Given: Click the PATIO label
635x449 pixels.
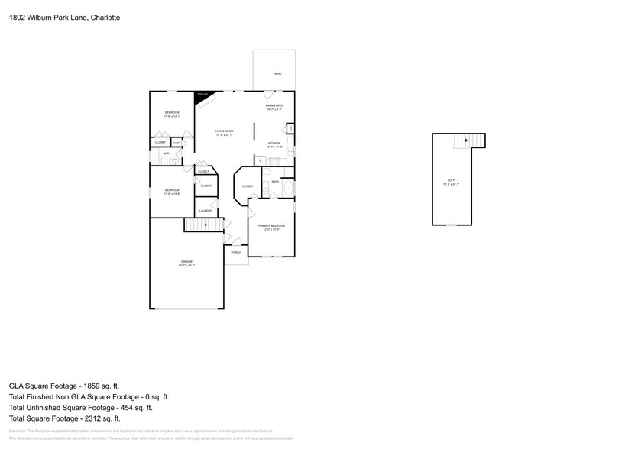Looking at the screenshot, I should (x=277, y=74).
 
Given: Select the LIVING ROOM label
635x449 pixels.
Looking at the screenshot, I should (x=224, y=131).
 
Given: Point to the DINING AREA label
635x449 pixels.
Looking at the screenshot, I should (x=274, y=105).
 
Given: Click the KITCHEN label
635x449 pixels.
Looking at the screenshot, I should (x=274, y=143).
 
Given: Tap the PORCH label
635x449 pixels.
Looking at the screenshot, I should (x=236, y=252).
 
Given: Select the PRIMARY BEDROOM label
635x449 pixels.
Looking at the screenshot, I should (x=271, y=226).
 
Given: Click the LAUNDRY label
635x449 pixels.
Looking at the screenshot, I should (x=206, y=211).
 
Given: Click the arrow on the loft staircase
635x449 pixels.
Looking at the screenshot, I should (x=465, y=141).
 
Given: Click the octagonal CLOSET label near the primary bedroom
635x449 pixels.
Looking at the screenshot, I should (x=248, y=186).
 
